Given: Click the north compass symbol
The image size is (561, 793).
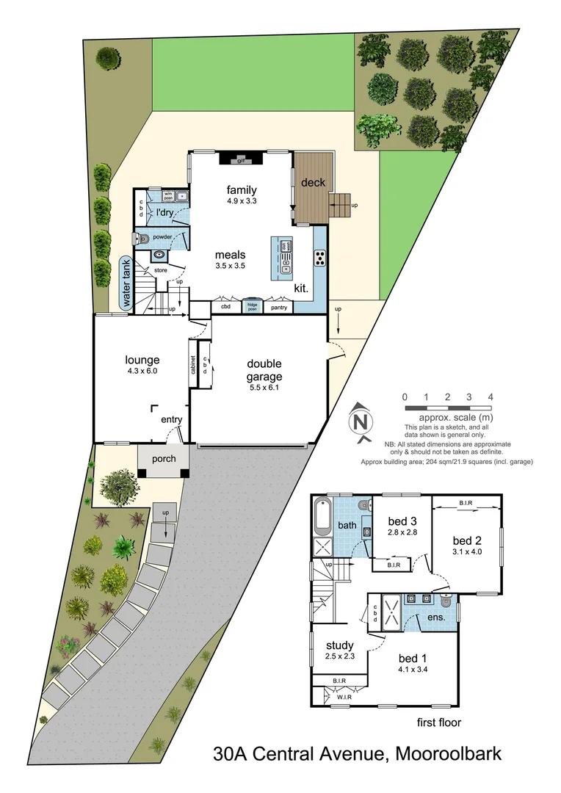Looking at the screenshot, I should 359,421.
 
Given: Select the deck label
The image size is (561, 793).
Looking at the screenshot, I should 313,182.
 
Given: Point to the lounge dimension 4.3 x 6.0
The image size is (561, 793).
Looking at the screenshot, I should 142,371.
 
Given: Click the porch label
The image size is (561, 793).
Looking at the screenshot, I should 163,459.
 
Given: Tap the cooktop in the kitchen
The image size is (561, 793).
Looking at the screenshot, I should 321,257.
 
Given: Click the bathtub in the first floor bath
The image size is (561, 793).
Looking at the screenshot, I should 322,518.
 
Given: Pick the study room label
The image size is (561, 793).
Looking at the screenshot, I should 340,646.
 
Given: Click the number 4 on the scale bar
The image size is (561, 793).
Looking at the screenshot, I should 491,397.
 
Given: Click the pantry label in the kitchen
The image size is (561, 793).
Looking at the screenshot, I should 278,307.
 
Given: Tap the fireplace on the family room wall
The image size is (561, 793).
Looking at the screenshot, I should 239,159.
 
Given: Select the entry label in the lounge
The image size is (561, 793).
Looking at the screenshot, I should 171,419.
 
